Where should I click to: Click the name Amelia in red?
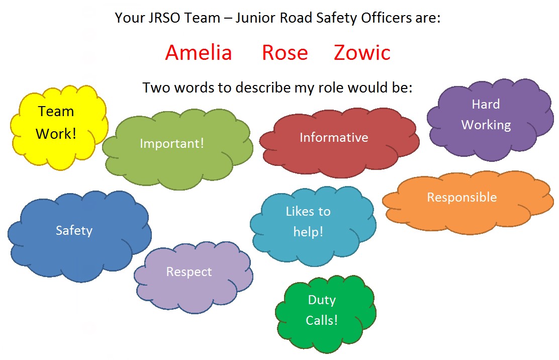coord(199,53)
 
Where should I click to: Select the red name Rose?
coord(285,53)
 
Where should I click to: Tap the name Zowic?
coord(362,53)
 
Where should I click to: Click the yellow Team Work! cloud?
coord(59,127)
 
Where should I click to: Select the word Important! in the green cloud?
coord(172,143)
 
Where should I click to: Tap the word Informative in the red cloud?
coord(334,137)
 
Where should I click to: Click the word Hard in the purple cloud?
coord(486,104)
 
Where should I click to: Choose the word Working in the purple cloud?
coord(486,125)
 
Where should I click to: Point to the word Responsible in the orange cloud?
coord(461,197)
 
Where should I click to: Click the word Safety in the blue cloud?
coord(74,231)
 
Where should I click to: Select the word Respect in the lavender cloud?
coord(189,272)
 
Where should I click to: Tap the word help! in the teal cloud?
coord(308,232)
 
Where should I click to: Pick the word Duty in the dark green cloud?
coord(322,300)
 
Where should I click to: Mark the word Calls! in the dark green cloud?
coord(322,320)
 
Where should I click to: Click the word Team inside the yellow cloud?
coord(56,112)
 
